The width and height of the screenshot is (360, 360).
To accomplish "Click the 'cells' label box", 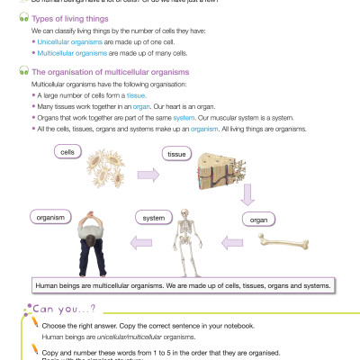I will click(x=67, y=152).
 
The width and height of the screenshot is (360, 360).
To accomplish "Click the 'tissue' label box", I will click(x=175, y=154).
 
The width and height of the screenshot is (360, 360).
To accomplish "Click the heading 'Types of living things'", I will click(x=62, y=18).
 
